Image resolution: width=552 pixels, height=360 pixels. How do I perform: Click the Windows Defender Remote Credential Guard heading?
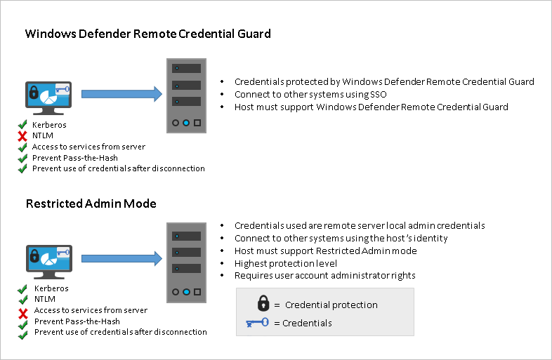(x=148, y=34)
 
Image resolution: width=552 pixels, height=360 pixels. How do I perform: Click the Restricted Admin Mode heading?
(x=91, y=204)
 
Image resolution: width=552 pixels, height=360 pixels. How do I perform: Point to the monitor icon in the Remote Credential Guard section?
(x=47, y=98)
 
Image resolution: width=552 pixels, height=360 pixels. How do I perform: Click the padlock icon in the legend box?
(x=263, y=303)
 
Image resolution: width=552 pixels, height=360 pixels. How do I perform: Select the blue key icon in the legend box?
(x=258, y=323)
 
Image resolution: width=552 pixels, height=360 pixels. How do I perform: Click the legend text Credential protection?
(x=331, y=305)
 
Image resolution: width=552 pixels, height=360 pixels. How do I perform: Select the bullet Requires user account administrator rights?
(x=324, y=276)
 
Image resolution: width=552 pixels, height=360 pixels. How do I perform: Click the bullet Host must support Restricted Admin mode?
(x=325, y=251)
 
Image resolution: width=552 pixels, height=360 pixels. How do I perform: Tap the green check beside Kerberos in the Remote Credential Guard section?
(x=23, y=125)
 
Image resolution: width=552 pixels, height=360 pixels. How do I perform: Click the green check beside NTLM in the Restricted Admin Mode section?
(x=25, y=300)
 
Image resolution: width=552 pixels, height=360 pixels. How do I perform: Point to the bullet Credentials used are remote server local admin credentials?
(x=360, y=226)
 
